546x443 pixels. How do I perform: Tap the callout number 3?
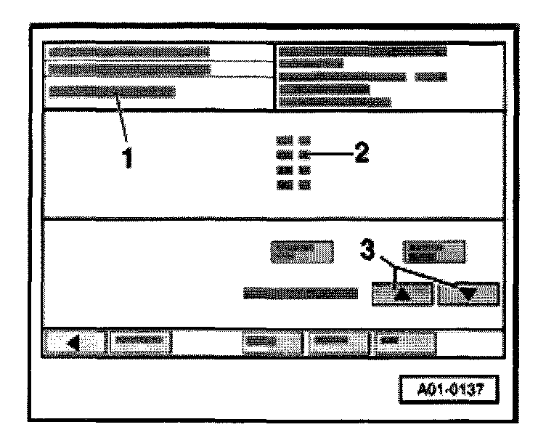(x=367, y=250)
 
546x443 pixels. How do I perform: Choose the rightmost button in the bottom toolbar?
(x=404, y=341)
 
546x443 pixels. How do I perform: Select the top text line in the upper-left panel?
(x=128, y=53)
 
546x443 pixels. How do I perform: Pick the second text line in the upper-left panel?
(x=128, y=68)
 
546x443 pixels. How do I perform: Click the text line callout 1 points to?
(x=113, y=92)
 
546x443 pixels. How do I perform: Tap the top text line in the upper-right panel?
(x=362, y=52)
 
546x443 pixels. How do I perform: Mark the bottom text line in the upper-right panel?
(x=335, y=101)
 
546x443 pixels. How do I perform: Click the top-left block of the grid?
(x=285, y=139)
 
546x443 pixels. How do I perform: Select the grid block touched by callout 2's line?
(x=305, y=155)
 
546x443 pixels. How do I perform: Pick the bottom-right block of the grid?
(x=305, y=184)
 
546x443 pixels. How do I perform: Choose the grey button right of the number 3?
(x=433, y=251)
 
